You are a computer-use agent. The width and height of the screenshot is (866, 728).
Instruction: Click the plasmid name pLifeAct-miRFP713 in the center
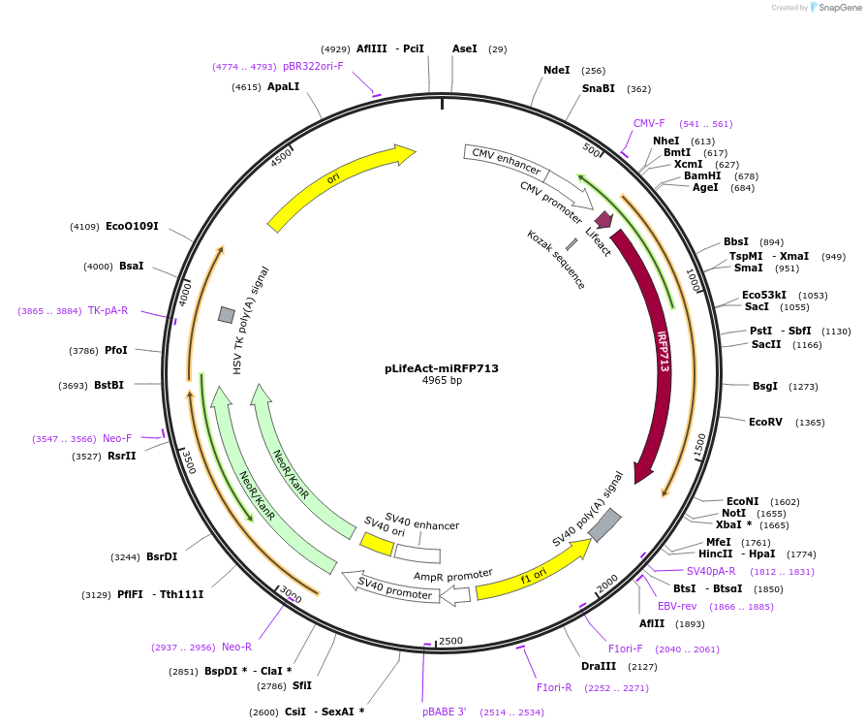pyautogui.click(x=441, y=368)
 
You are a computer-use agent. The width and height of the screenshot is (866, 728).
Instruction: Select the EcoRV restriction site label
pyautogui.click(x=765, y=422)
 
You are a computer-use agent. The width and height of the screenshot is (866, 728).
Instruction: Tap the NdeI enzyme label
pyautogui.click(x=557, y=70)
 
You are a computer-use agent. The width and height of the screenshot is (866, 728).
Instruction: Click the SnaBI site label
pyautogui.click(x=598, y=88)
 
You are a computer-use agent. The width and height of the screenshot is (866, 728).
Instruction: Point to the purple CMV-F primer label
pyautogui.click(x=649, y=123)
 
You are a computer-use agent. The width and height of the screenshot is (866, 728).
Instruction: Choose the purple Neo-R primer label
pyautogui.click(x=236, y=647)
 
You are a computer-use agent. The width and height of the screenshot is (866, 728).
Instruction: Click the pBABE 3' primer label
pyautogui.click(x=444, y=712)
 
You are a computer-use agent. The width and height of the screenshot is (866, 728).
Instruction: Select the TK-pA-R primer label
pyautogui.click(x=108, y=310)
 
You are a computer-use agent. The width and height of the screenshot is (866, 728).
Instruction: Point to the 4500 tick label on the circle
pyautogui.click(x=281, y=157)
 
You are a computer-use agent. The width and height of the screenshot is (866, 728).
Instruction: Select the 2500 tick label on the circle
pyautogui.click(x=451, y=641)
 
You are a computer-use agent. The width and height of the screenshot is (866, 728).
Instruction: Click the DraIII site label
pyautogui.click(x=599, y=666)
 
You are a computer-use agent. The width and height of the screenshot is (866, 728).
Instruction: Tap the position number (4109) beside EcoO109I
pyautogui.click(x=84, y=227)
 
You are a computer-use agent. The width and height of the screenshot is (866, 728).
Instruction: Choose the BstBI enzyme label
pyautogui.click(x=109, y=385)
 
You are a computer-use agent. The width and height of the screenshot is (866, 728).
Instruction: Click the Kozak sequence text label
pyautogui.click(x=556, y=259)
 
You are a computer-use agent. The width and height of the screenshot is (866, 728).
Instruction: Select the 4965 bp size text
pyautogui.click(x=442, y=381)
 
